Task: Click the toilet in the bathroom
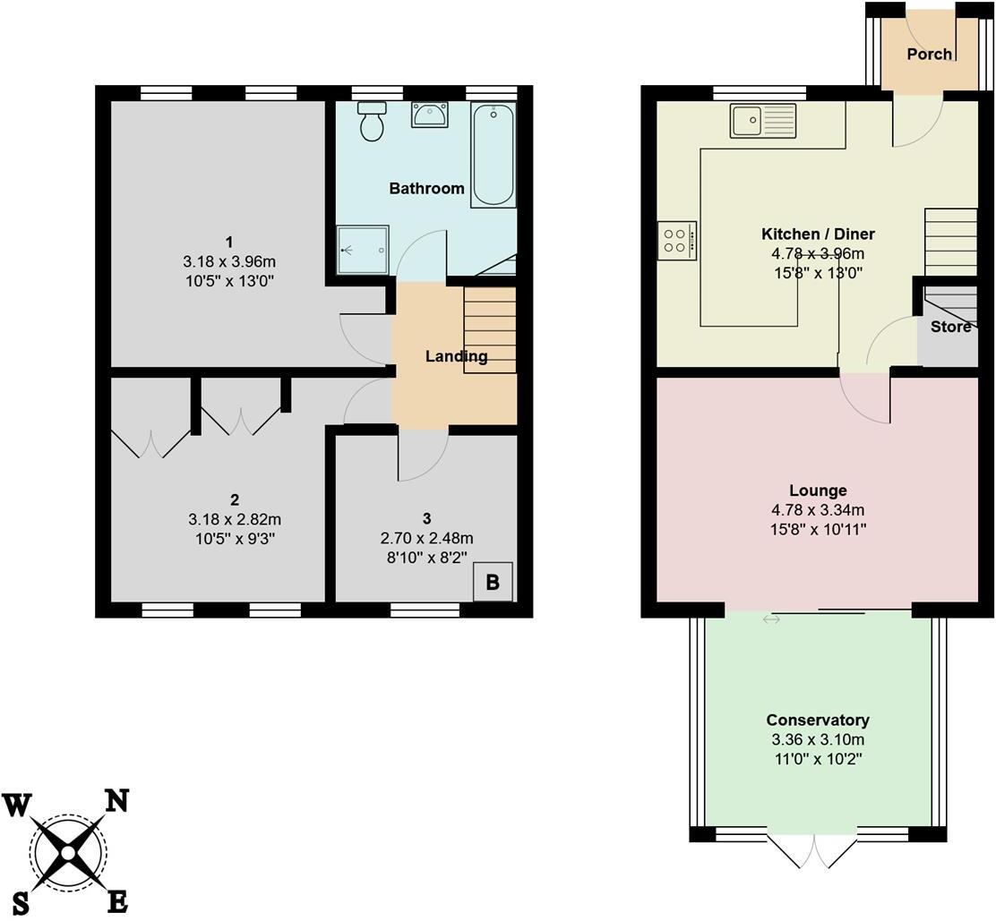(371, 122)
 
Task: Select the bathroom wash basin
(430, 115)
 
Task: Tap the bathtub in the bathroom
(494, 155)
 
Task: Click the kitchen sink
(763, 121)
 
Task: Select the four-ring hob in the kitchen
(676, 240)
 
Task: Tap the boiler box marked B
(492, 583)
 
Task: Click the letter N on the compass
(116, 799)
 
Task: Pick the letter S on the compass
(21, 904)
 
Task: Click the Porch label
(929, 55)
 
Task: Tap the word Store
(950, 328)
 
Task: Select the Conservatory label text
(817, 721)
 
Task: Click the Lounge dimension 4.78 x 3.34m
(817, 510)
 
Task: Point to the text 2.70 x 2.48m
(427, 538)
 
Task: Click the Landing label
(456, 356)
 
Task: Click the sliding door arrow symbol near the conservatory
(771, 619)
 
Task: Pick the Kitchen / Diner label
(817, 235)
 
